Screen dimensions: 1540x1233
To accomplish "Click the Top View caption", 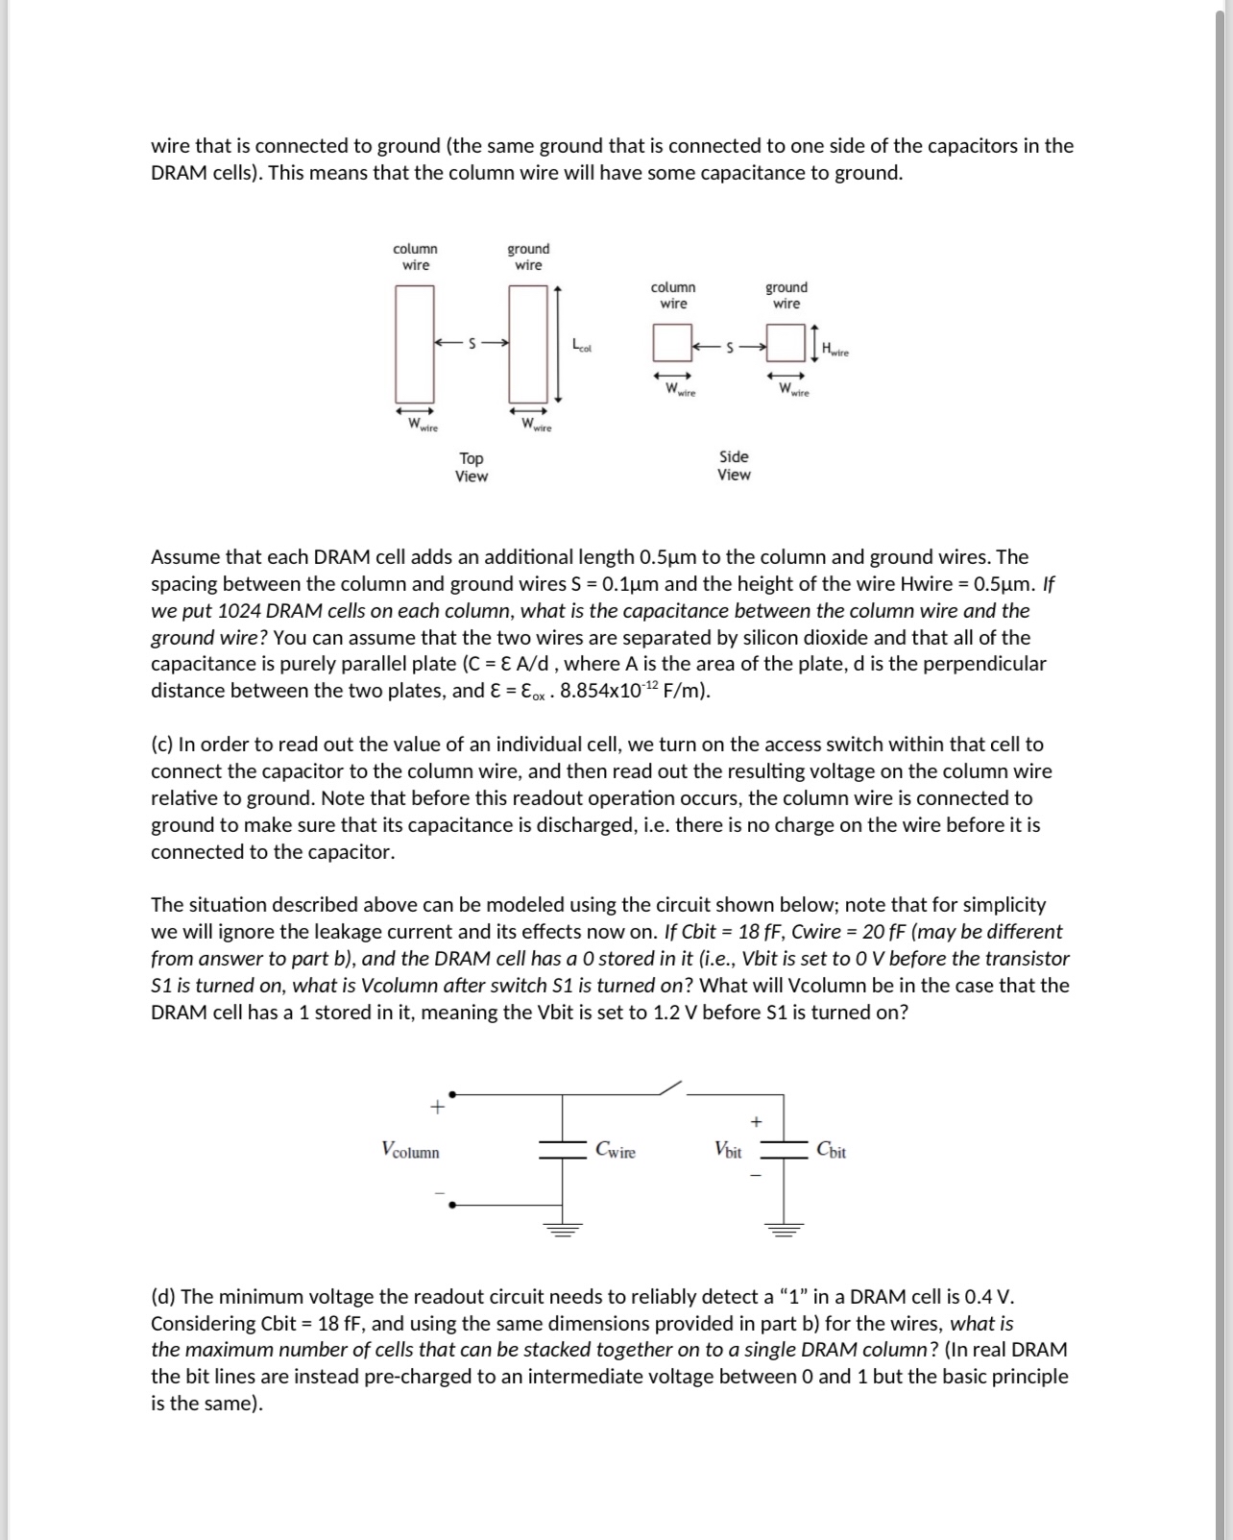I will pyautogui.click(x=471, y=467).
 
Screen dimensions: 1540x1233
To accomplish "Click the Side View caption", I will pyautogui.click(x=734, y=465).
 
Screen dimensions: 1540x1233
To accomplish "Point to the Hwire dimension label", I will pyautogui.click(x=834, y=351).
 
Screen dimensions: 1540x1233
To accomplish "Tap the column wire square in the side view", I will pyautogui.click(x=672, y=342).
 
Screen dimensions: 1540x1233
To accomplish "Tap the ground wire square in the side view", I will pyautogui.click(x=786, y=342).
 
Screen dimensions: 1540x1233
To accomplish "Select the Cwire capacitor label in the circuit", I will pyautogui.click(x=616, y=1149).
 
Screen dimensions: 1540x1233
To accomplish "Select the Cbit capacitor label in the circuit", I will pyautogui.click(x=831, y=1149).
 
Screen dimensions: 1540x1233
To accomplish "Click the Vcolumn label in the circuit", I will pyautogui.click(x=410, y=1150).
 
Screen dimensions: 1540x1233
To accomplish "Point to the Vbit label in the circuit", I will pyautogui.click(x=728, y=1149).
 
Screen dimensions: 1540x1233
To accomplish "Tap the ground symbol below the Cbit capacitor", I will pyautogui.click(x=784, y=1227).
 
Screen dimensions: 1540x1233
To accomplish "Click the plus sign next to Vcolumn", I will pyautogui.click(x=437, y=1107).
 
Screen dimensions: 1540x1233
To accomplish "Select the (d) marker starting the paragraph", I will pyautogui.click(x=163, y=1296).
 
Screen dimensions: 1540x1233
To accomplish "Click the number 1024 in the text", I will pyautogui.click(x=239, y=611).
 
